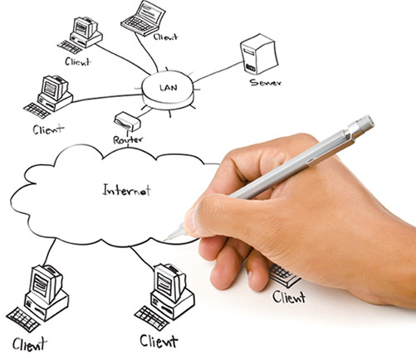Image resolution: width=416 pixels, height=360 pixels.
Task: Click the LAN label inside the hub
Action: point(169,88)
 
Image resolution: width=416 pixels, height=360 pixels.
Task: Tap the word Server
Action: point(266,82)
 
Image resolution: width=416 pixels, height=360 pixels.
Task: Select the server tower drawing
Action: point(259,54)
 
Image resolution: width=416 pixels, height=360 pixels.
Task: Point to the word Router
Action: point(128,139)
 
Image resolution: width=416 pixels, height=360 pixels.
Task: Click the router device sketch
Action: point(127,122)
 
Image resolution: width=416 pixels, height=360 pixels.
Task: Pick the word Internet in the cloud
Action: point(127,190)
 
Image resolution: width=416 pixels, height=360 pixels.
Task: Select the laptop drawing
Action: point(143,18)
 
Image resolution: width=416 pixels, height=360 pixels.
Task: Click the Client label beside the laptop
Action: point(165,37)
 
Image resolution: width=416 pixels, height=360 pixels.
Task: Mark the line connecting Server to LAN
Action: point(218,72)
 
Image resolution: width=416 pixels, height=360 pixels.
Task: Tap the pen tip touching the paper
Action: point(167,238)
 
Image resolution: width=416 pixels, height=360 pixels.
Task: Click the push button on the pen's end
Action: point(365,123)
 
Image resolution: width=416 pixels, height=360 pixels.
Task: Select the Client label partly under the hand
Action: point(289,297)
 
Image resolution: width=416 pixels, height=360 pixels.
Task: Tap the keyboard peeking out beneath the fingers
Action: point(285,275)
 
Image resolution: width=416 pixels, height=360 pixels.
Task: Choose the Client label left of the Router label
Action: point(48,129)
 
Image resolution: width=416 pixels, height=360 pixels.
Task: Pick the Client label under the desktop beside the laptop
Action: point(78,62)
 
